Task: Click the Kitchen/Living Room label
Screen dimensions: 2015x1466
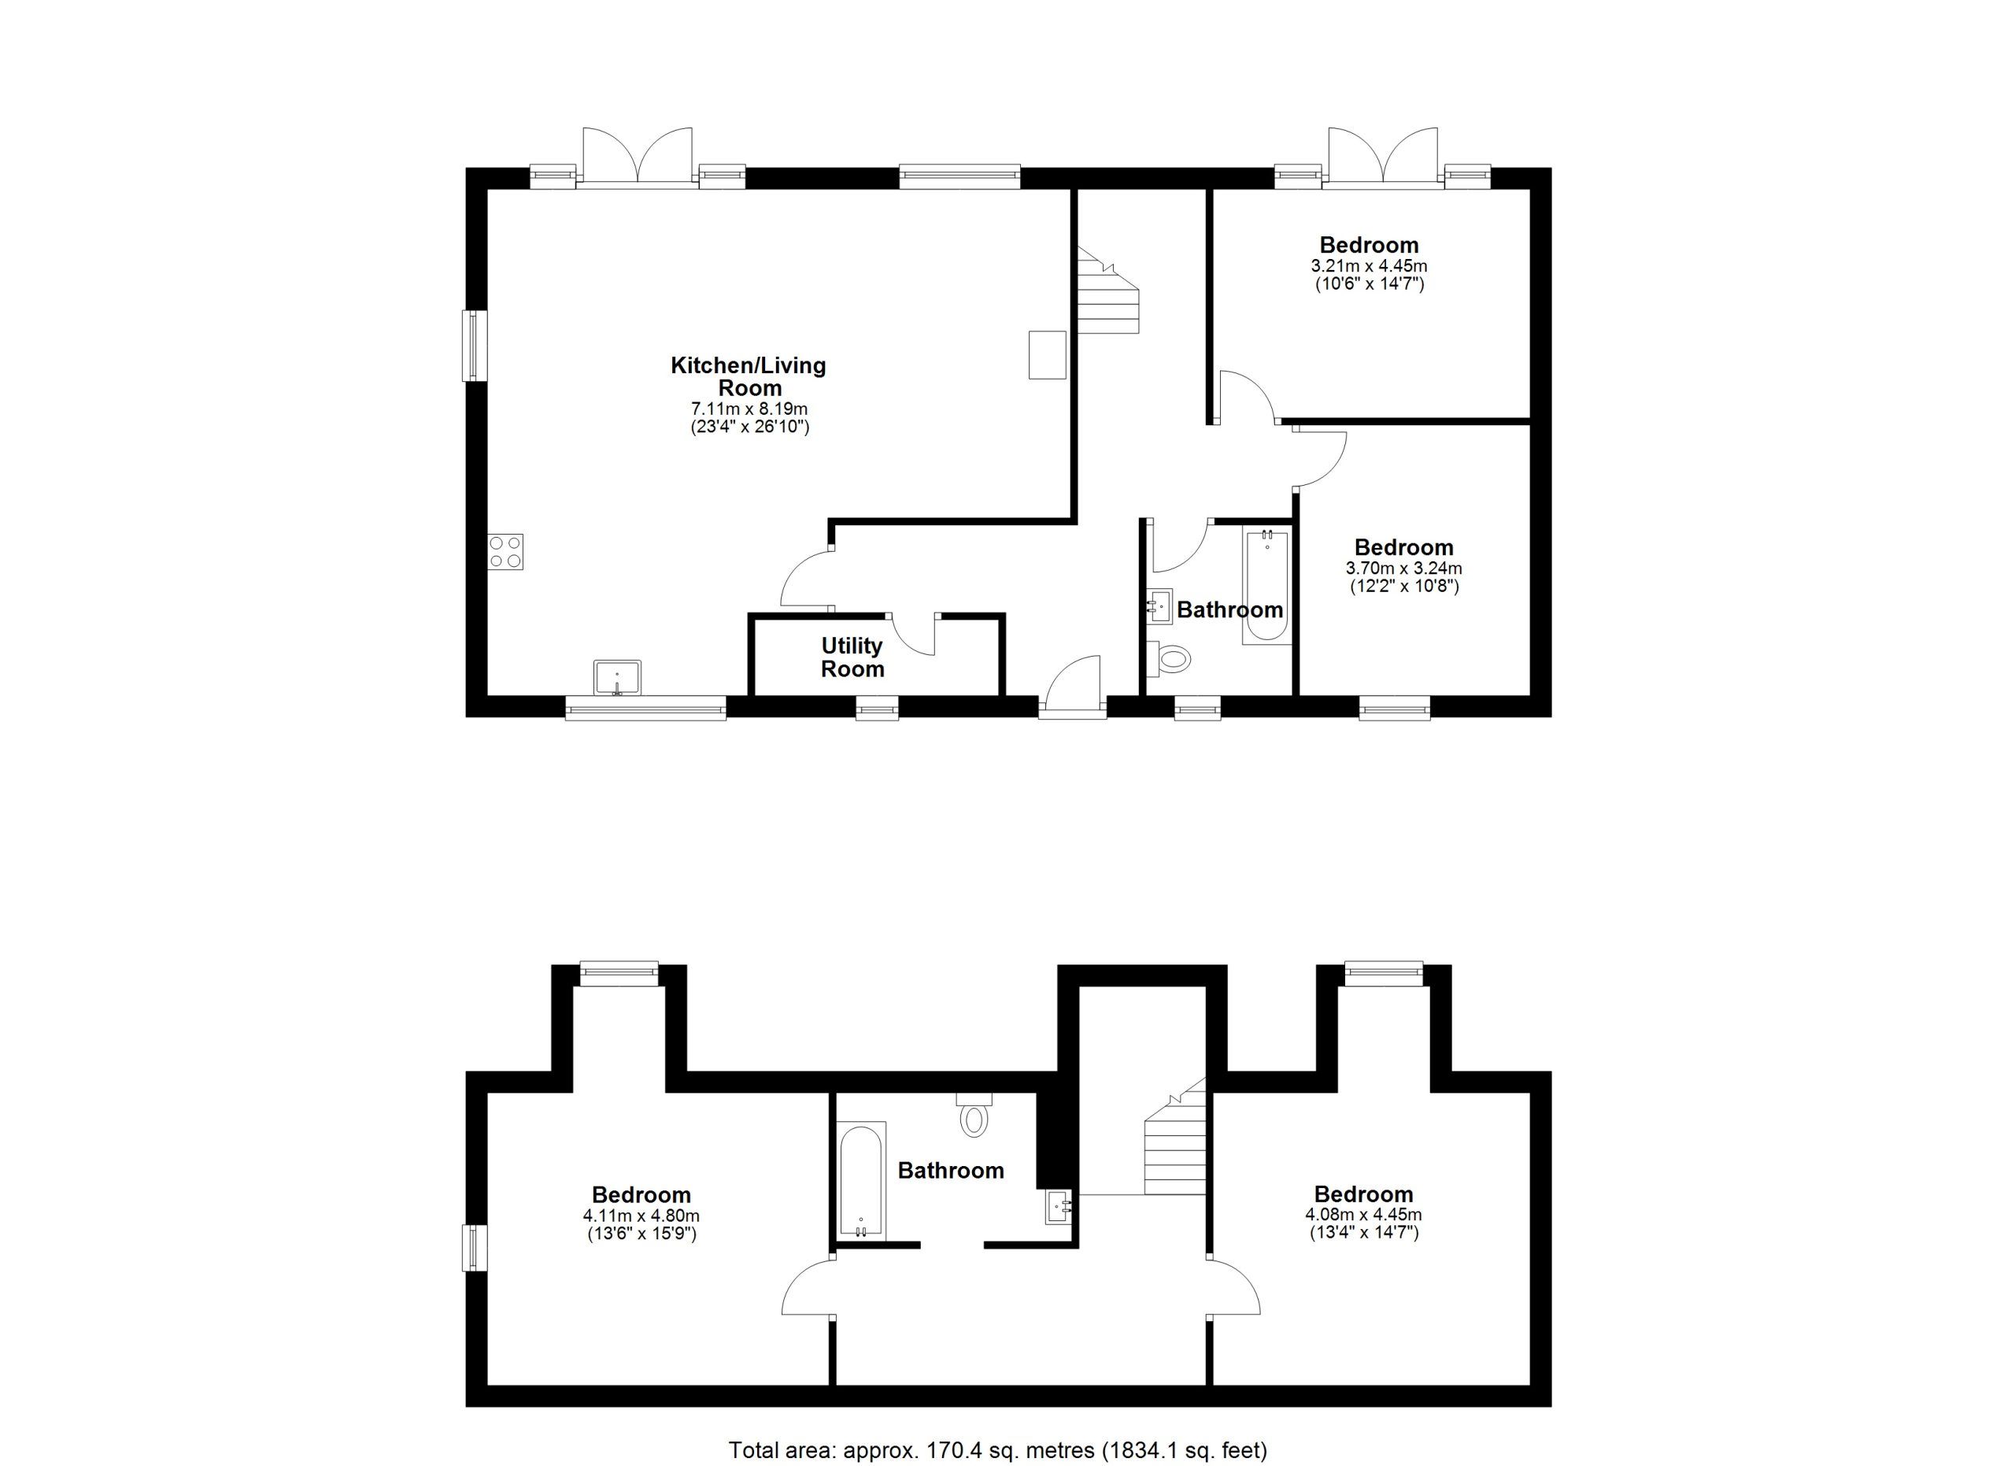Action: click(x=748, y=376)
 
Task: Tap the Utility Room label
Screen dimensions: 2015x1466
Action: click(x=852, y=657)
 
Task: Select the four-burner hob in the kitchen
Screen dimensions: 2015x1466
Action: click(x=505, y=551)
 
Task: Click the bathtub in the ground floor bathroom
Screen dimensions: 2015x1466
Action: click(x=1266, y=587)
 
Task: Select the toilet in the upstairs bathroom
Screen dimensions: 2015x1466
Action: click(x=974, y=1114)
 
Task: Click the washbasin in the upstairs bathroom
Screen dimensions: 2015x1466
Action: click(x=1059, y=1206)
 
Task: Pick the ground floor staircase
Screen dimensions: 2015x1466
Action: click(x=1108, y=291)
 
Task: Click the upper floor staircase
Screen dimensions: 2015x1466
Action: click(x=1174, y=1136)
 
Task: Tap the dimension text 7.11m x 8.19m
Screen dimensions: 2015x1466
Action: click(x=750, y=409)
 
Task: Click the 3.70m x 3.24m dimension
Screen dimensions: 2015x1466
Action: click(x=1403, y=568)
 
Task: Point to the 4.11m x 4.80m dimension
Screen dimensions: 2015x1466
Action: click(x=641, y=1216)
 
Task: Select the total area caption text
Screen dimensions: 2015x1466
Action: click(x=998, y=1450)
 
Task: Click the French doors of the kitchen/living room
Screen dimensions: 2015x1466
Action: click(x=637, y=157)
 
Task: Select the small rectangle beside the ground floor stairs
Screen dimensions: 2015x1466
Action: click(x=1048, y=354)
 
